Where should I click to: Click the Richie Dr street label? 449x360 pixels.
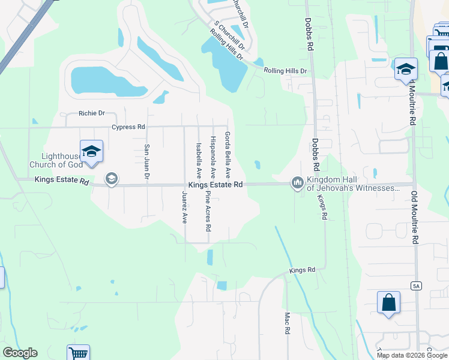(91, 113)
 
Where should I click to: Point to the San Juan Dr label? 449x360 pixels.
(146, 162)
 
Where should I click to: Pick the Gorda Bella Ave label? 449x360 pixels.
(228, 155)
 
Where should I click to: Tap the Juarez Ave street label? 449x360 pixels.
(185, 207)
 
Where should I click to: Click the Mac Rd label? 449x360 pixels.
(288, 322)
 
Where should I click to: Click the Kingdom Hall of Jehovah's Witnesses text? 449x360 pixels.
(353, 184)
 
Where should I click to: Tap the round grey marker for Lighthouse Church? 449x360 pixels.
(111, 179)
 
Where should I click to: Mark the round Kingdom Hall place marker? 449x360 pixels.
(297, 182)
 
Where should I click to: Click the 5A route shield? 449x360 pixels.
(416, 286)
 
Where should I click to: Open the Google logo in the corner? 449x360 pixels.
(20, 353)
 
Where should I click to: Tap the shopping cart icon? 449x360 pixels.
(78, 353)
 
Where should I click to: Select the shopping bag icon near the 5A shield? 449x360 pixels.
(388, 302)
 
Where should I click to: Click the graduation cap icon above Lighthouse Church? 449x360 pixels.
(91, 151)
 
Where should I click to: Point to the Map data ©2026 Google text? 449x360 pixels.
(412, 355)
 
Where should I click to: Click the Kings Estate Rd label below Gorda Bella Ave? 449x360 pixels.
(215, 185)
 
